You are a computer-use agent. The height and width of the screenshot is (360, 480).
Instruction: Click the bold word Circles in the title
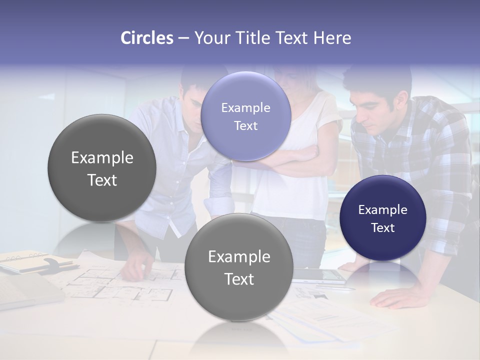(147, 38)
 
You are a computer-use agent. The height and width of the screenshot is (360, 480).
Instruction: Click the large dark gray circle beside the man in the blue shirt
(102, 168)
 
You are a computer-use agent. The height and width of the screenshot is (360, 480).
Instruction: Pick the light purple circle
(245, 116)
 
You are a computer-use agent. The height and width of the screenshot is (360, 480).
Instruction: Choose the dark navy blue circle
(383, 218)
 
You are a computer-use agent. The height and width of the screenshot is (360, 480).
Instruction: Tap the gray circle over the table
(239, 267)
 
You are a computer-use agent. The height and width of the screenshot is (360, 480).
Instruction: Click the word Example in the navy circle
(383, 210)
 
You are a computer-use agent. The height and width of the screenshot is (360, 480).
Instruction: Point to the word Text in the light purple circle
(245, 126)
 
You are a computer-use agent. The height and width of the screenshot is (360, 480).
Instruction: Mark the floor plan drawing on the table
(125, 285)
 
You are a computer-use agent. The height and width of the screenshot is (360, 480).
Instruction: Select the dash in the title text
(183, 38)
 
